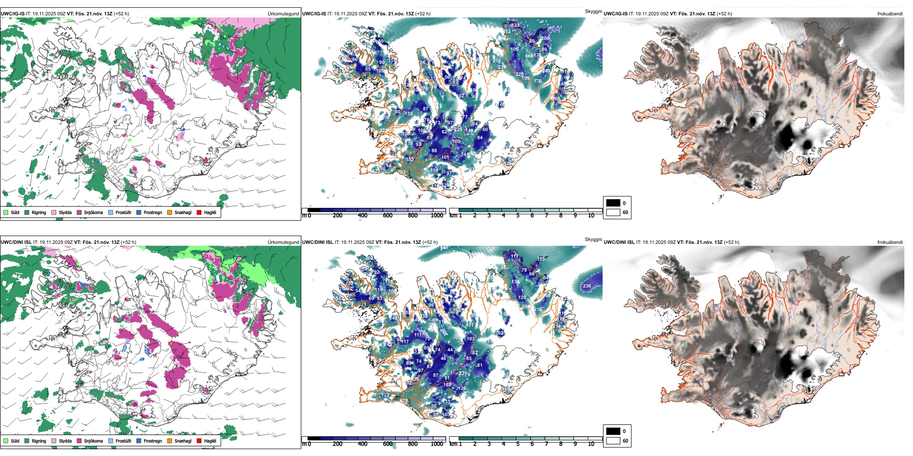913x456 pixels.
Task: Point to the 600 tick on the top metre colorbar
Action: pyautogui.click(x=387, y=216)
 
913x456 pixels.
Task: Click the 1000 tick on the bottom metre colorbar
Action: pyautogui.click(x=437, y=444)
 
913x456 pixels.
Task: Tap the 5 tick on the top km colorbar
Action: pyautogui.click(x=518, y=216)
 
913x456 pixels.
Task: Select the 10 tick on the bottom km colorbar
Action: pyautogui.click(x=591, y=444)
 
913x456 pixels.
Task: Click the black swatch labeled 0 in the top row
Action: pyautogui.click(x=613, y=203)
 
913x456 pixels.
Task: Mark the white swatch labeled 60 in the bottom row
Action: pyautogui.click(x=613, y=441)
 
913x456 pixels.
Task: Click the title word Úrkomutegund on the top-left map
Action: pyautogui.click(x=283, y=14)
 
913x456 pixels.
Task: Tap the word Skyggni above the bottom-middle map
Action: pyautogui.click(x=593, y=240)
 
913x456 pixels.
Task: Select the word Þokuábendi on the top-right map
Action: pyautogui.click(x=890, y=14)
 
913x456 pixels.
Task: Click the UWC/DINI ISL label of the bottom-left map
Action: pyautogui.click(x=16, y=242)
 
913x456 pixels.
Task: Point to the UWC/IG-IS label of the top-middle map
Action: pyautogui.click(x=314, y=14)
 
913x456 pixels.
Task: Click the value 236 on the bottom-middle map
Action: pyautogui.click(x=587, y=286)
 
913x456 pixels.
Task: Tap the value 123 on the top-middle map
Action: pyautogui.click(x=515, y=25)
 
